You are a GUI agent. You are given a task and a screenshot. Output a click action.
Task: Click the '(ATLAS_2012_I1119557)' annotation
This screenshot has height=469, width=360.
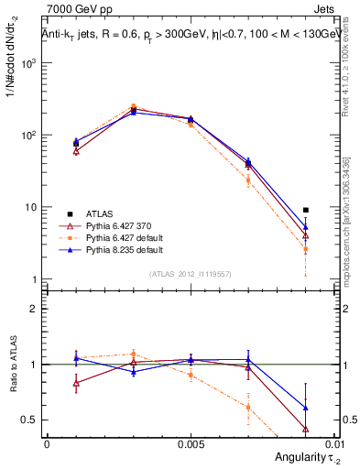coord(190,274)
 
